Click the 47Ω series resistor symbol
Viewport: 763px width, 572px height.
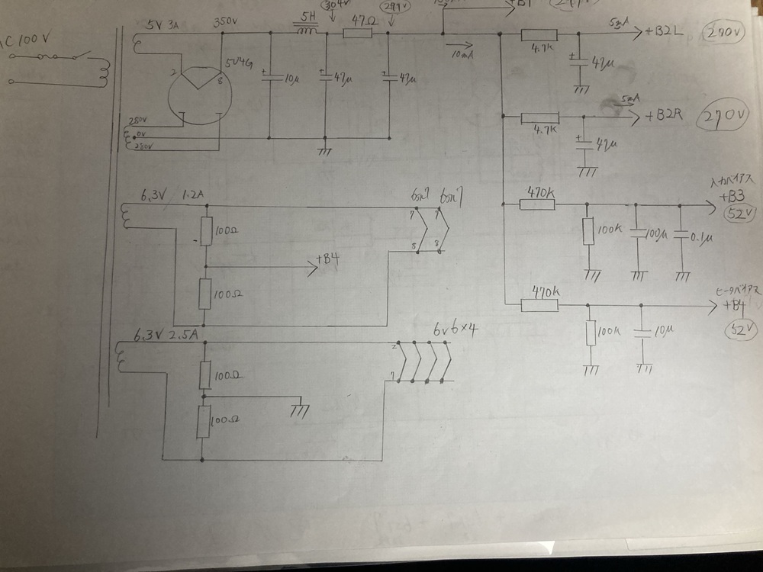(357, 34)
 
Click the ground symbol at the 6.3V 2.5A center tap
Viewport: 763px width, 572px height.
(300, 410)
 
